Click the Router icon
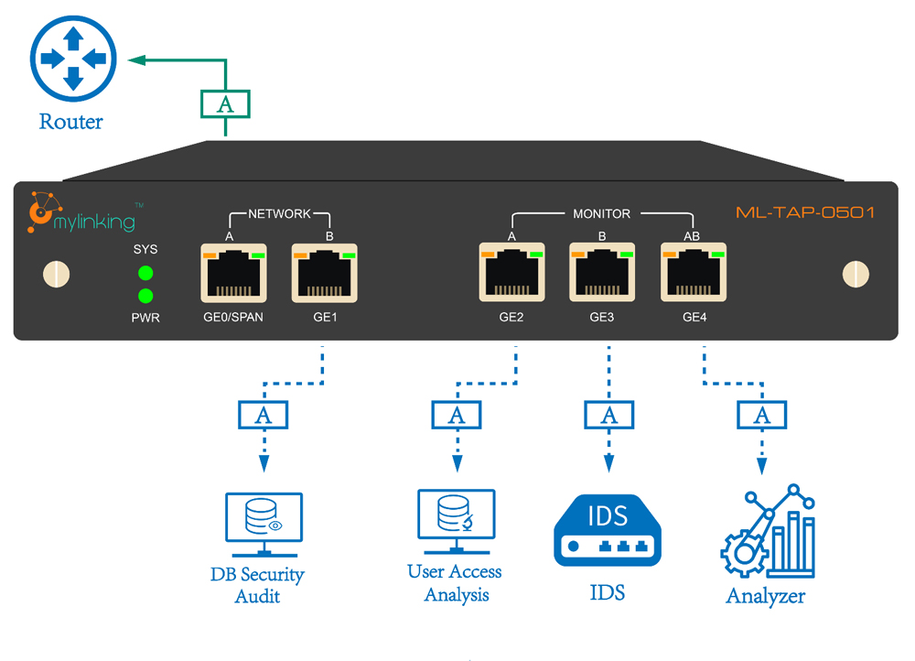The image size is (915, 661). point(73,58)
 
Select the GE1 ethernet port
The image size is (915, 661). point(325,274)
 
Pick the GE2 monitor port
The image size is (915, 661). point(511,274)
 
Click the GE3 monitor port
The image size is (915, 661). point(602,274)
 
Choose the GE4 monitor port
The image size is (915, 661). point(694,274)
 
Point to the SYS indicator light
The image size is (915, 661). point(145,273)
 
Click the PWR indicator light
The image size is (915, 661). point(145,296)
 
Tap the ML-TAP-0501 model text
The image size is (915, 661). point(805,213)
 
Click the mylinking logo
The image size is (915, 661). point(82,214)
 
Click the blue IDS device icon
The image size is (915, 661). point(608,531)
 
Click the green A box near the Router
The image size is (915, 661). point(225,104)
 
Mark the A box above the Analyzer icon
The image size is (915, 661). point(761,416)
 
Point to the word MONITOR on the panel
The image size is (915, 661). point(601,213)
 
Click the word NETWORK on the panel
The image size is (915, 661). point(280,213)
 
